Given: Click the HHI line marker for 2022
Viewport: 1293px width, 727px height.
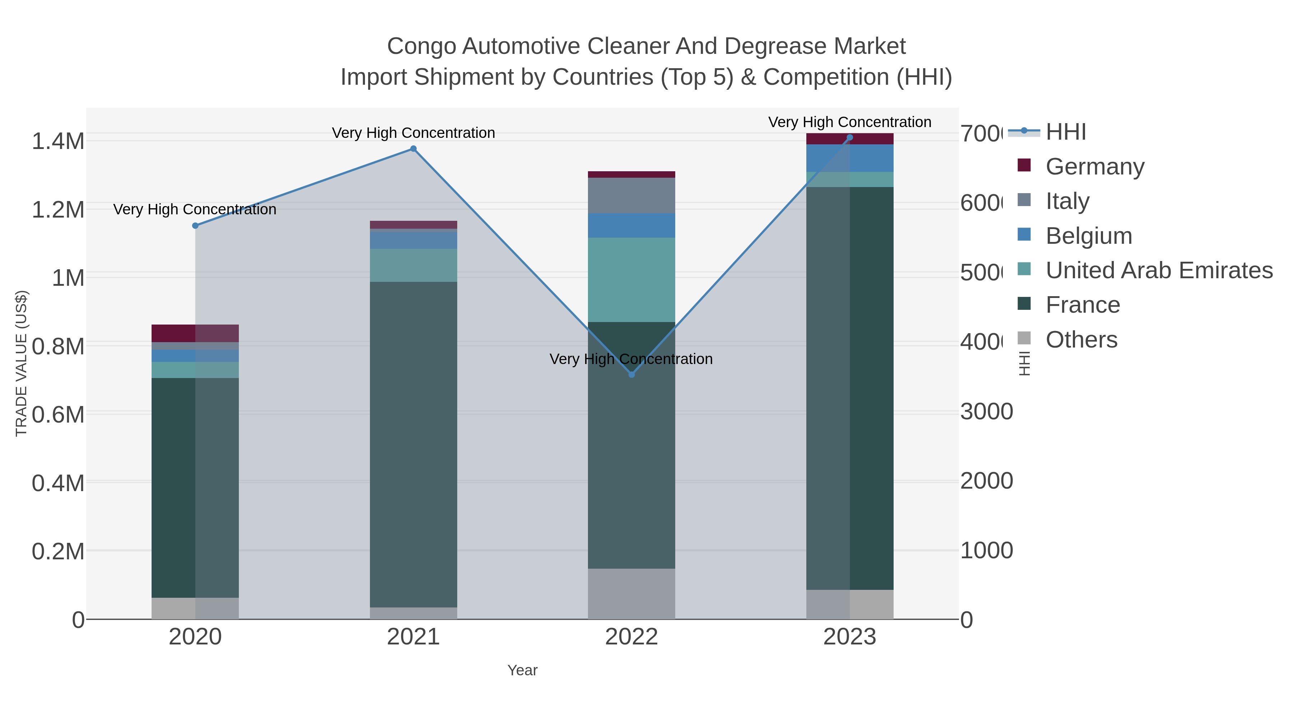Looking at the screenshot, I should pyautogui.click(x=631, y=375).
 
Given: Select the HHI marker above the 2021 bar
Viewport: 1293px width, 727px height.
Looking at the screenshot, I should pyautogui.click(x=413, y=149).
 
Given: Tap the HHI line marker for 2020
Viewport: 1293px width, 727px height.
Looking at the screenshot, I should pyautogui.click(x=195, y=226).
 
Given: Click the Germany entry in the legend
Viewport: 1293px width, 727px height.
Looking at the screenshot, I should pyautogui.click(x=1094, y=167).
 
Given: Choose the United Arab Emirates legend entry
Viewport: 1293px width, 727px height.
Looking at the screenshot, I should pyautogui.click(x=1158, y=270).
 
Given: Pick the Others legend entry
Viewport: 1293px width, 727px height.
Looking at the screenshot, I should pyautogui.click(x=1081, y=340).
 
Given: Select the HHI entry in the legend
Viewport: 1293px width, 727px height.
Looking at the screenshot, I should pyautogui.click(x=1066, y=132).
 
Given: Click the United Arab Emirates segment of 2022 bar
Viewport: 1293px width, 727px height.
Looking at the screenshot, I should pyautogui.click(x=631, y=279).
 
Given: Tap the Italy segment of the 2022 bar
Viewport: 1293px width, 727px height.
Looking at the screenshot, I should pyautogui.click(x=631, y=196).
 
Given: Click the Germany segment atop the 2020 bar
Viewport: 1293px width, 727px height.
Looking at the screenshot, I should pyautogui.click(x=195, y=333).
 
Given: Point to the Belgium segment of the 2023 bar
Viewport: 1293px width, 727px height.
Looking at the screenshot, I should pyautogui.click(x=849, y=158).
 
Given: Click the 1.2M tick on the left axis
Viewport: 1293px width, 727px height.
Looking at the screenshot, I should pyautogui.click(x=58, y=210).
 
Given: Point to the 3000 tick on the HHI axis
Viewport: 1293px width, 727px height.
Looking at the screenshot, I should pyautogui.click(x=986, y=412).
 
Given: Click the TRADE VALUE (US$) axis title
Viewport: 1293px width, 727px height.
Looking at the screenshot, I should pyautogui.click(x=21, y=363).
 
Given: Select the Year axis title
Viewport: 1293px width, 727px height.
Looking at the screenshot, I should pyautogui.click(x=522, y=670).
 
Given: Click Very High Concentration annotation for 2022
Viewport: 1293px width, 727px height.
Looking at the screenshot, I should pyautogui.click(x=631, y=359).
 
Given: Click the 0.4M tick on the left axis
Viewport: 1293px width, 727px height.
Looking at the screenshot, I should pyautogui.click(x=58, y=483).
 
